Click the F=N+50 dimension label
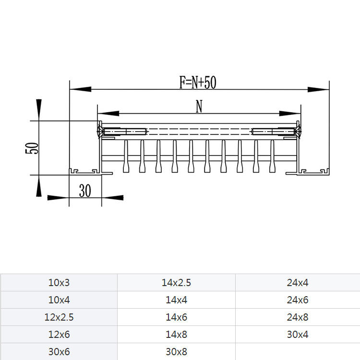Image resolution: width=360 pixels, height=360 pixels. pos(198,82)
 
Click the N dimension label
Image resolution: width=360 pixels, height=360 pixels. pos(199,106)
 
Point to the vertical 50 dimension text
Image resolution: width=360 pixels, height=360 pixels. pos(32,148)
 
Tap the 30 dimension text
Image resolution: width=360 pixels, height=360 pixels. pos(85,191)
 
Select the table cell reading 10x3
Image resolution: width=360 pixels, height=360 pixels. pos(59,283)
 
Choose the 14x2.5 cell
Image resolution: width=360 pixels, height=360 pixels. pos(176,283)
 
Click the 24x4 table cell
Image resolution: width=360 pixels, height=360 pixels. pos(298,283)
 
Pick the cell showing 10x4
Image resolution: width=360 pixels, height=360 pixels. pos(59,300)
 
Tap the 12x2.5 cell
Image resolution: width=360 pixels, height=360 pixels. pos(59,317)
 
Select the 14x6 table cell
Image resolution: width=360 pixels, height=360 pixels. pos(176,317)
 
